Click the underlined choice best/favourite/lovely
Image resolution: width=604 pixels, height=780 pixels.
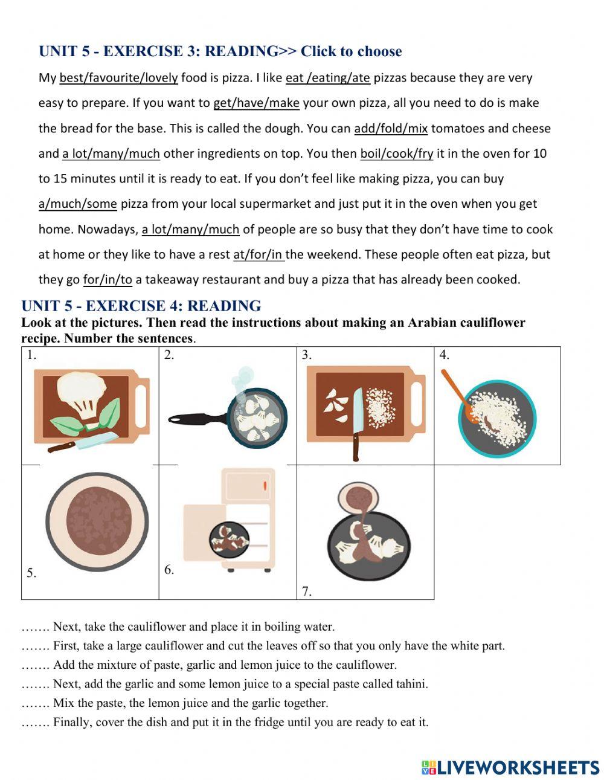(118, 78)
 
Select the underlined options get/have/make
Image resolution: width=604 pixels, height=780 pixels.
(256, 103)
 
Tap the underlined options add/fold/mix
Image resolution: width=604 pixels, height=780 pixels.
(390, 129)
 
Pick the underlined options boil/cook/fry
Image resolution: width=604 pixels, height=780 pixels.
(396, 154)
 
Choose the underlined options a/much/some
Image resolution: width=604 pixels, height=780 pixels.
(77, 204)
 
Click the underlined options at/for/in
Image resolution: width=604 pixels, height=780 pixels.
(259, 255)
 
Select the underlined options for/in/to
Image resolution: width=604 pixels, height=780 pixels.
(108, 280)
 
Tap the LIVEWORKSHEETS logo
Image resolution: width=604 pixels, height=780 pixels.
(510, 768)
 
